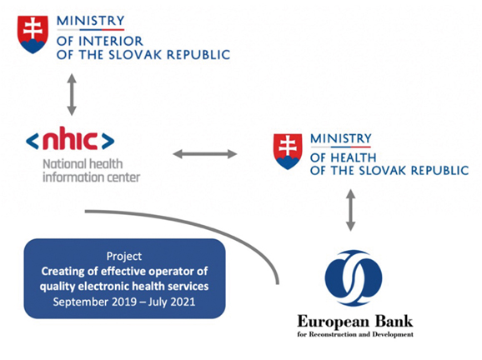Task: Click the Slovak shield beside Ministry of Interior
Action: (33, 35)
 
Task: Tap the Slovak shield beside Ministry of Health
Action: (288, 152)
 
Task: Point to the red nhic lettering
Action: (70, 138)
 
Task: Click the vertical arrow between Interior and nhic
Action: (72, 95)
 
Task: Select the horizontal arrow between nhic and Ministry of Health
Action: (205, 154)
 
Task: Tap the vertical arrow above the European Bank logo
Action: (350, 210)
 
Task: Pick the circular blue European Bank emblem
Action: (354, 278)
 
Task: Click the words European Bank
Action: (355, 322)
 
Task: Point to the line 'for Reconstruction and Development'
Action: (355, 334)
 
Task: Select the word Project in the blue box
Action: (124, 257)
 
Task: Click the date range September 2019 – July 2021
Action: (124, 302)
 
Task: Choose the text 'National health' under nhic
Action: (83, 164)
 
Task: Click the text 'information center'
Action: (91, 177)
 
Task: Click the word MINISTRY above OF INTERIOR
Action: (91, 21)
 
